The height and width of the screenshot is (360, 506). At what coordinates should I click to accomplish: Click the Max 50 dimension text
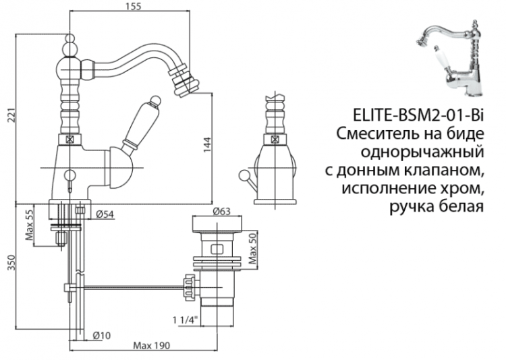tap(253, 249)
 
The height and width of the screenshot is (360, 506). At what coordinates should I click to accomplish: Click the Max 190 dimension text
tap(150, 345)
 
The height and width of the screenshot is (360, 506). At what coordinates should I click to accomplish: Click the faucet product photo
tap(453, 57)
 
